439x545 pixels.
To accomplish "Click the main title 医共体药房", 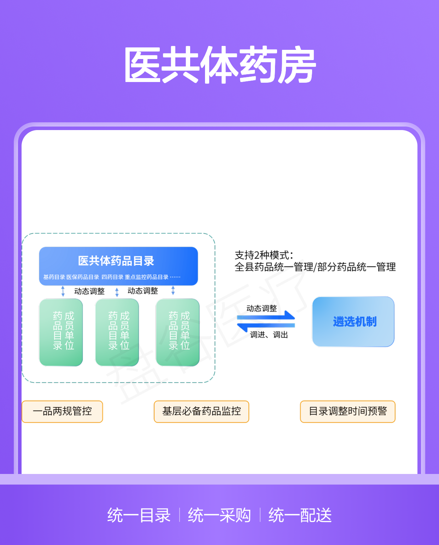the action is (219, 65).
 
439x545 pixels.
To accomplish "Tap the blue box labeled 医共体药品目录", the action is (118, 266).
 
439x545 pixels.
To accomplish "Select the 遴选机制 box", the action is (353, 321).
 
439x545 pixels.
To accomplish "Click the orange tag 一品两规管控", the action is (62, 411).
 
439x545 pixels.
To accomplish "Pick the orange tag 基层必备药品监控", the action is (201, 411).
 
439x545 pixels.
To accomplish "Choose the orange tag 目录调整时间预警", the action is (347, 411).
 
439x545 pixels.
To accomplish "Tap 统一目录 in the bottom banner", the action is (139, 515).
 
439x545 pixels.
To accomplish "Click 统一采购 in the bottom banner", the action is (219, 515).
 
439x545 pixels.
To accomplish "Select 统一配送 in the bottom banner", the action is (300, 515).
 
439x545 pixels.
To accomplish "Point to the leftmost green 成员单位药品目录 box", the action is (61, 332).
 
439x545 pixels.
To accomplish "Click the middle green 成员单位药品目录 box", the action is (117, 332).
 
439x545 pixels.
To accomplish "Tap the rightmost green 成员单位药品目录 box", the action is (177, 332).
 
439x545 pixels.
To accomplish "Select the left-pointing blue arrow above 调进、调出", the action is (266, 327).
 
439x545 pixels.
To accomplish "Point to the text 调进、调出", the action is (269, 335).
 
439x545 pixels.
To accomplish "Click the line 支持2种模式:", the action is (264, 255).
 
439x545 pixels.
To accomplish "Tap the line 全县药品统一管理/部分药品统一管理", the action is (315, 267).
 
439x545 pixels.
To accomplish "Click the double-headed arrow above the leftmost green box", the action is (63, 291).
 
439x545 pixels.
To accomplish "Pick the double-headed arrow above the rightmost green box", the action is (173, 290).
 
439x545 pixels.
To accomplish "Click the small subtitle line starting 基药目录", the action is (112, 277).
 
